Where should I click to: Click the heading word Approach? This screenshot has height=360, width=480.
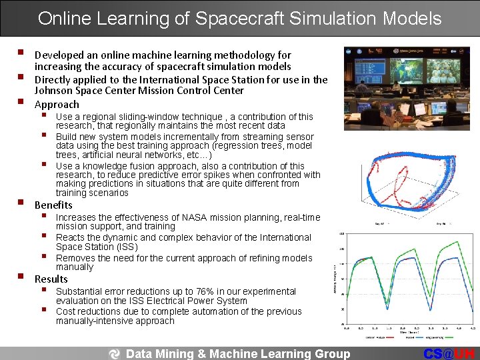(57, 105)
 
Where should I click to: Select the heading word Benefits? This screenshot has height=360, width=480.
(53, 205)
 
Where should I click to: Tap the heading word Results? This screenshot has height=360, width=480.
(51, 279)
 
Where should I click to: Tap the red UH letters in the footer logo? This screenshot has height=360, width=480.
(465, 354)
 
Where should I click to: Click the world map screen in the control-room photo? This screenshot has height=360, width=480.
(407, 69)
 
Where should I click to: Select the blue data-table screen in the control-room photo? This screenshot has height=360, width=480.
(370, 71)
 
